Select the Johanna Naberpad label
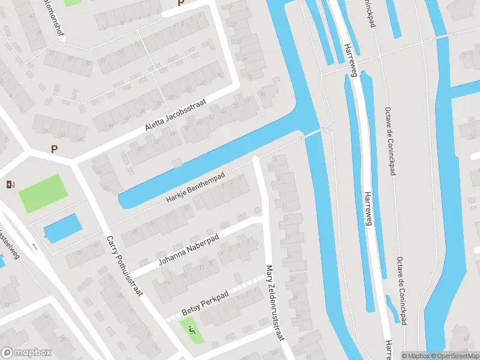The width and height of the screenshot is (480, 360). pyautogui.click(x=189, y=251)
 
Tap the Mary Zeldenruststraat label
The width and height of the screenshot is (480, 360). pyautogui.click(x=274, y=303)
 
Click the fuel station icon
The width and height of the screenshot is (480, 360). pyautogui.click(x=9, y=184)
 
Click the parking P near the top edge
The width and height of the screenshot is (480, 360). pyautogui.click(x=180, y=4)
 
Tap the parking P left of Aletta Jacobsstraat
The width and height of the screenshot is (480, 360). pyautogui.click(x=55, y=149)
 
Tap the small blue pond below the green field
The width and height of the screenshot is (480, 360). pyautogui.click(x=62, y=228)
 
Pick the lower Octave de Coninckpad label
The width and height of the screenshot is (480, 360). pyautogui.click(x=400, y=292)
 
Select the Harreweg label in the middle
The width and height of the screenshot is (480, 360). pyautogui.click(x=367, y=207)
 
